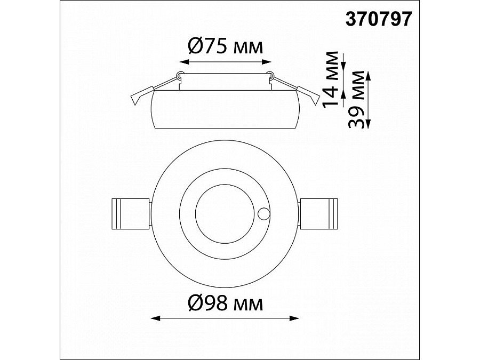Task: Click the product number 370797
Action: click(379, 19)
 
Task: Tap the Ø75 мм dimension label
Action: click(225, 47)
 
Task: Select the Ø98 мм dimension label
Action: click(225, 303)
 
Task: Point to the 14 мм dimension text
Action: click(331, 79)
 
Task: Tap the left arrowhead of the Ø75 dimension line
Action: click(183, 62)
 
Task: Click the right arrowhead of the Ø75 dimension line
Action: click(267, 62)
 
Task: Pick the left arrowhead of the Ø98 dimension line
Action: click(155, 318)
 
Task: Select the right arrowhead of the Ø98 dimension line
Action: click(294, 318)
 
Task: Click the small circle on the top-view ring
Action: click(263, 214)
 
